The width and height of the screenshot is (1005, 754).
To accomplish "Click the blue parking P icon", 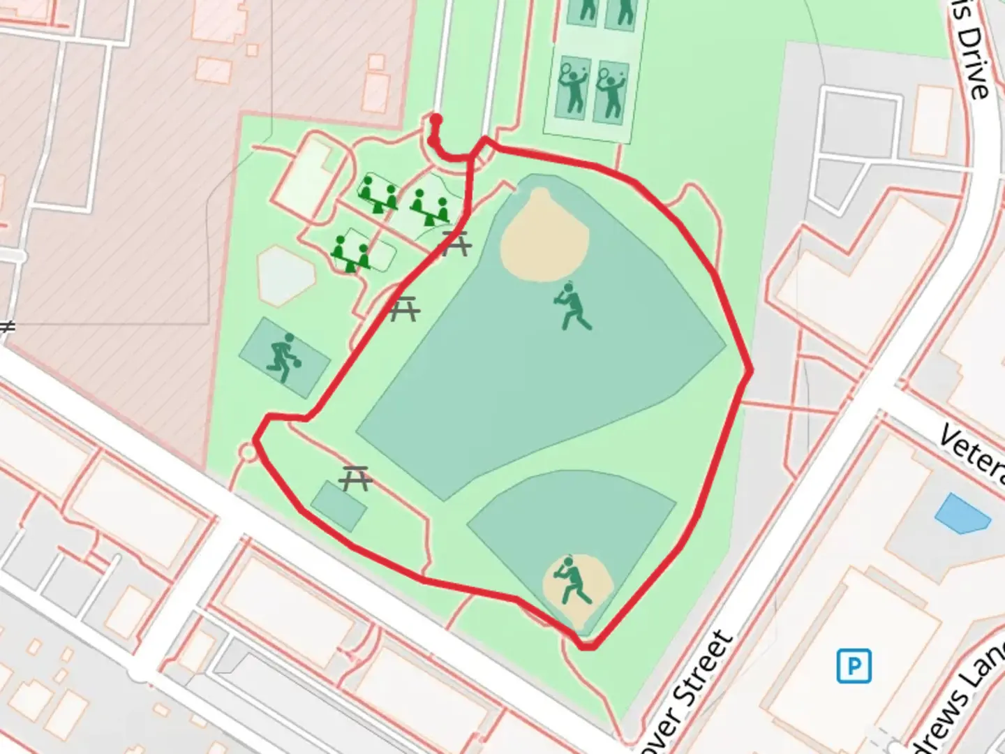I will click(x=854, y=665).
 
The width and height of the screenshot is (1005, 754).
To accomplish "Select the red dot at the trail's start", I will click(x=436, y=120).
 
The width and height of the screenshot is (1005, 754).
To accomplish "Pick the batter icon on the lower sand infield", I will click(x=572, y=581).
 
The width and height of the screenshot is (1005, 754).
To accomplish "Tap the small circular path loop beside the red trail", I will click(x=248, y=452).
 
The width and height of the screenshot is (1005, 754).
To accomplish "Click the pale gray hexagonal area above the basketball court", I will click(x=285, y=276).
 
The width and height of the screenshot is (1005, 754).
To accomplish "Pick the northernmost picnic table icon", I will click(x=457, y=245).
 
